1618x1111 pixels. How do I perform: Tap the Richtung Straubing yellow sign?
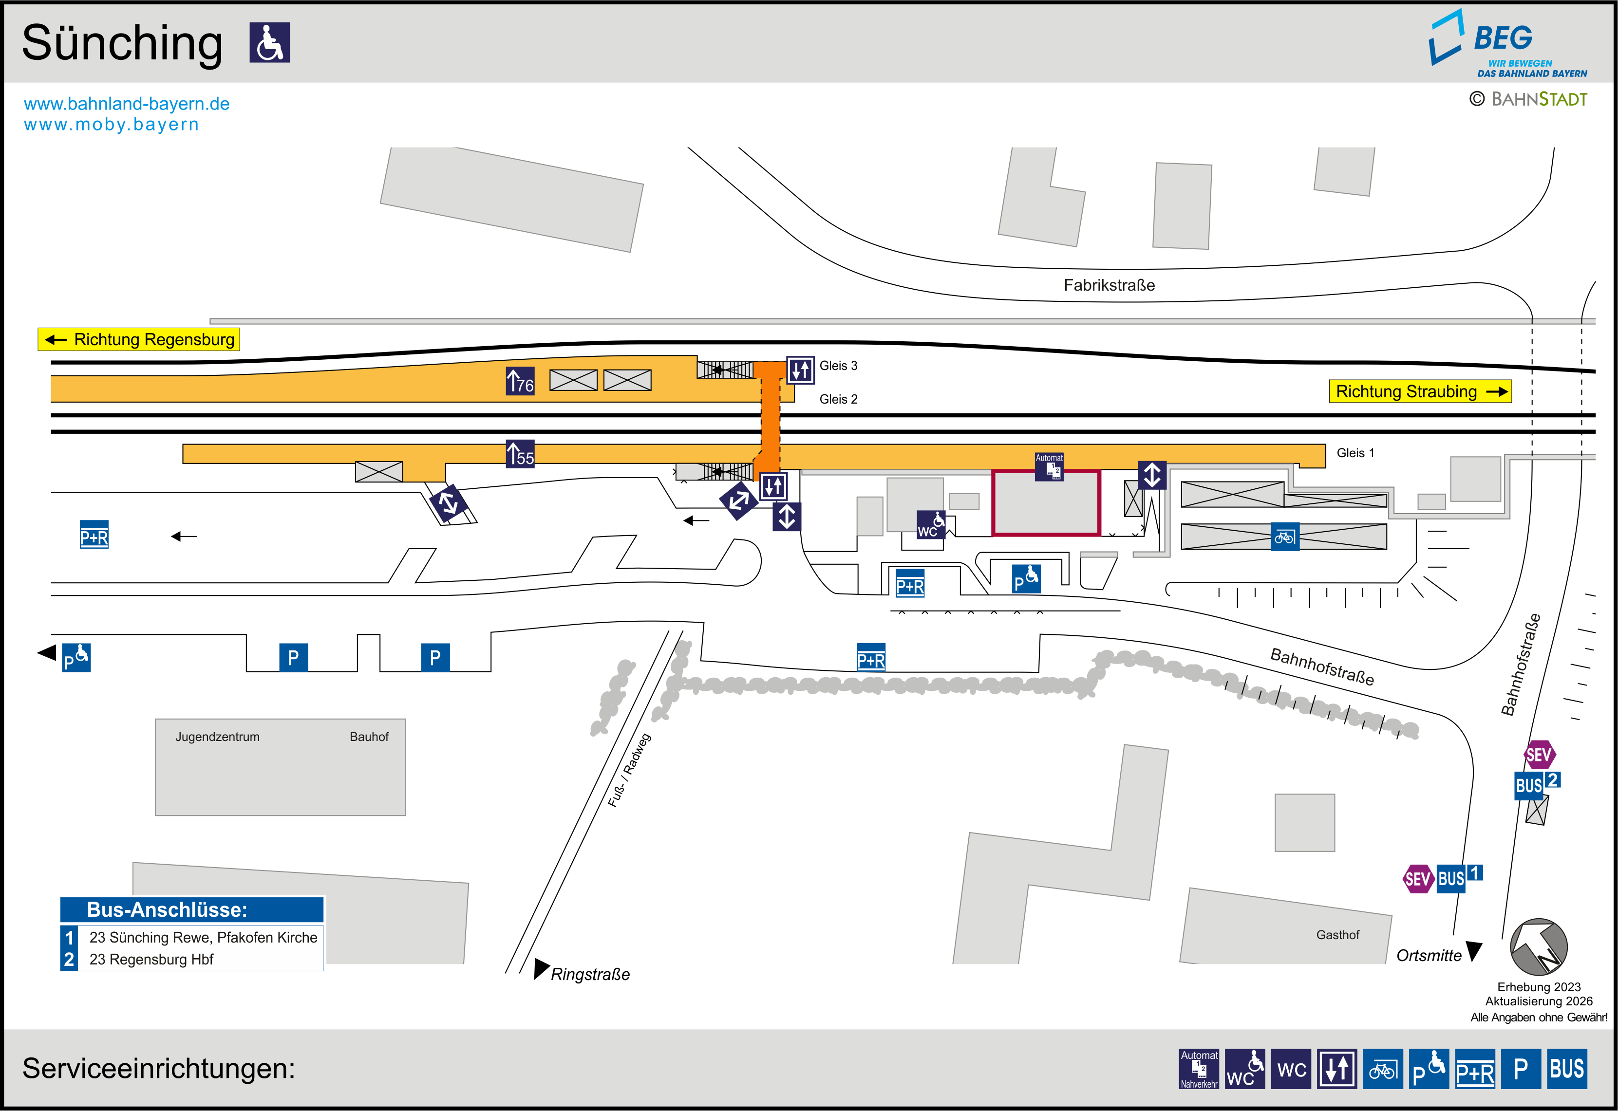point(1420,391)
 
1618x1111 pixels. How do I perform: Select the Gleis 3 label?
point(838,366)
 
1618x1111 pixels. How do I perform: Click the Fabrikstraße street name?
point(1109,285)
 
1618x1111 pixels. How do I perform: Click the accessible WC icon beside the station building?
point(931,524)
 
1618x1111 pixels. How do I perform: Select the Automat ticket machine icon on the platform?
point(1049,466)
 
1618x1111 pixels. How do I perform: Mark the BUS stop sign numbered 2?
point(1537,784)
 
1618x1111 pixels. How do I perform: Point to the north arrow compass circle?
point(1539,947)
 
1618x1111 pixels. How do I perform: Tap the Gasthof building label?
point(1337,935)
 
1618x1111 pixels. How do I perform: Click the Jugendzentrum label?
point(217,737)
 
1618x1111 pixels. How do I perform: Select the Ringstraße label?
point(590,974)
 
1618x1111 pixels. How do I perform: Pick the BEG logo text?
point(1503,37)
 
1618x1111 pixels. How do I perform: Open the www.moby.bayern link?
point(112,125)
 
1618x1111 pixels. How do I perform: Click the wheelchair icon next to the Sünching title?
point(269,42)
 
